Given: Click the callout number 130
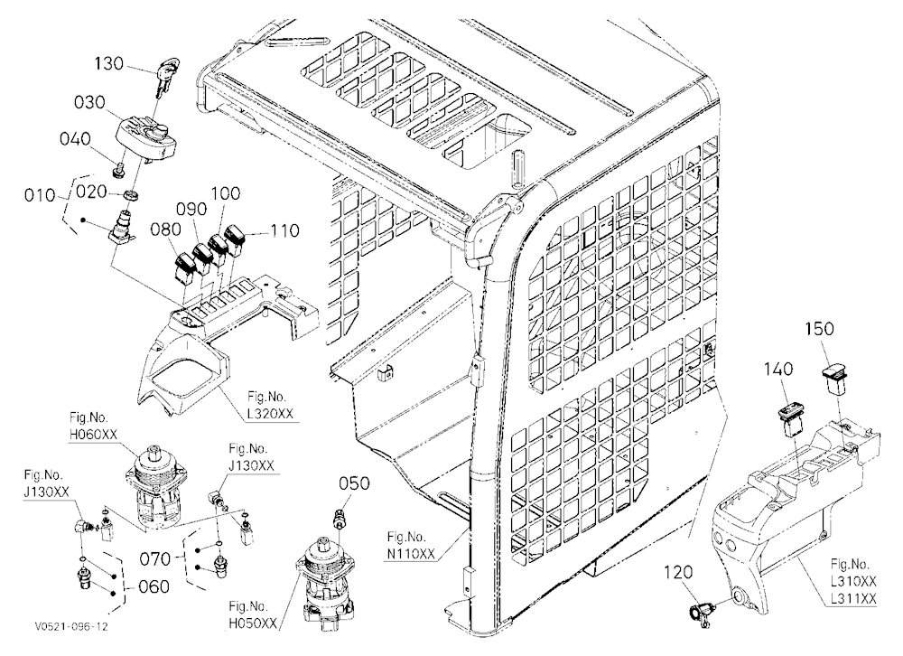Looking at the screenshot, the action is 109,63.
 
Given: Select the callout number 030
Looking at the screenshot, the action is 89,103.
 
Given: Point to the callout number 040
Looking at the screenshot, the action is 76,139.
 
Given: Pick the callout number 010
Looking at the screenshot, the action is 40,195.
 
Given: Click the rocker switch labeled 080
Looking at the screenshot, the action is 186,268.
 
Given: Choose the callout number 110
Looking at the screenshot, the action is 284,230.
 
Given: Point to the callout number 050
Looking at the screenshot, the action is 354,483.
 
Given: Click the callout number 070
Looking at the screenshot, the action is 155,558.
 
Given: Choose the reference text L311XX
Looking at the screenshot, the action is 853,600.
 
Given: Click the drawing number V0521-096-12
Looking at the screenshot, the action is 70,626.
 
